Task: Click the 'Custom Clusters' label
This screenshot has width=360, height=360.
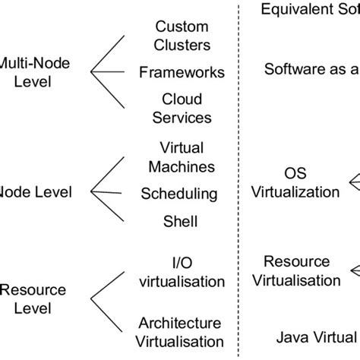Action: click(182, 35)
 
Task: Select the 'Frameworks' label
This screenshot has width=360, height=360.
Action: click(182, 73)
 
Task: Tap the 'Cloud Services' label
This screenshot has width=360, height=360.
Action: click(182, 109)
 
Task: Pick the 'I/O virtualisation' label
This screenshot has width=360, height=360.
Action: click(182, 271)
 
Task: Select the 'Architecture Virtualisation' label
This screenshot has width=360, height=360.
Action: click(182, 332)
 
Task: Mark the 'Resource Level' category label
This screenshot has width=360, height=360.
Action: click(27, 298)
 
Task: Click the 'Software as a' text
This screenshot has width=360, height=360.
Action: click(311, 70)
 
